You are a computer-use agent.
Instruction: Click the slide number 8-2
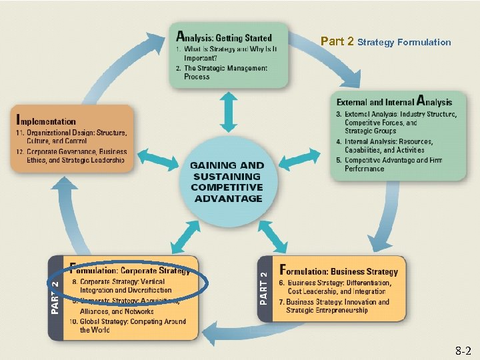point(462,350)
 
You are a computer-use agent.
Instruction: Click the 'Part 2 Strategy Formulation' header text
point(385,42)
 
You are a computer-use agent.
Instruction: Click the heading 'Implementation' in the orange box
point(46,121)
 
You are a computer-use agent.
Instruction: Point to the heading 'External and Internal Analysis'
point(394,101)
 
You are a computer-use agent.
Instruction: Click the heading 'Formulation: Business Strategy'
point(339,271)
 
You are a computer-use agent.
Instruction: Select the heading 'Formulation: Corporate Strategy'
point(130,271)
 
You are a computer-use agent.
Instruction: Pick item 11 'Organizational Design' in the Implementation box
point(71,137)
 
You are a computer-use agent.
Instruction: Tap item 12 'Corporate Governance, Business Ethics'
point(71,156)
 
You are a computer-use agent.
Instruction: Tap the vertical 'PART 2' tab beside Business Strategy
point(264,289)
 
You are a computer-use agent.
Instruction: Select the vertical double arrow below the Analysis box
point(229,111)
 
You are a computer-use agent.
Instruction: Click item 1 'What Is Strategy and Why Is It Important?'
point(226,53)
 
